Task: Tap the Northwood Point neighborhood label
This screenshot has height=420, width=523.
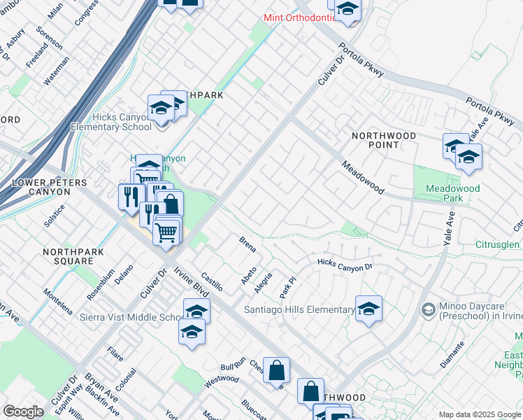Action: point(383,140)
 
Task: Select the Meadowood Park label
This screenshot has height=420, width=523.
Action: point(453,193)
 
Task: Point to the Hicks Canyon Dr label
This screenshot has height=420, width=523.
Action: point(345,265)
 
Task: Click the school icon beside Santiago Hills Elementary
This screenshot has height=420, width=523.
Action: point(368,309)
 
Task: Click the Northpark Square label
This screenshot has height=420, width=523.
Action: point(68,256)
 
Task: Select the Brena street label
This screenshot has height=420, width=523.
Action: point(248,245)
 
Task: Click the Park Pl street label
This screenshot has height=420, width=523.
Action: point(285,284)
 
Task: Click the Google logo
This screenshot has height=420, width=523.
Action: point(23,412)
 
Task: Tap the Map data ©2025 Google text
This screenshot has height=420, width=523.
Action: point(479,414)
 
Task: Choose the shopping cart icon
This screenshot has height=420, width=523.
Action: point(166,231)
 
